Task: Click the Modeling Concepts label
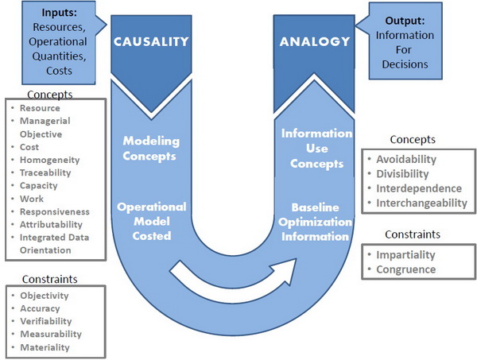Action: click(x=151, y=148)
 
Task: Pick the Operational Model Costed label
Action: click(x=151, y=216)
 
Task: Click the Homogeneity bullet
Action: click(x=48, y=160)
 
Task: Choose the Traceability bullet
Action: click(x=45, y=172)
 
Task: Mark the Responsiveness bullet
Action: click(x=54, y=211)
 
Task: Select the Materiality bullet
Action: click(x=45, y=346)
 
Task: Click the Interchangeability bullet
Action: click(x=419, y=203)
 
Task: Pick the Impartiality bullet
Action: click(x=405, y=254)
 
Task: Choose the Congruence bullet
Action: click(x=405, y=269)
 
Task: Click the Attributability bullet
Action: click(x=52, y=224)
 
